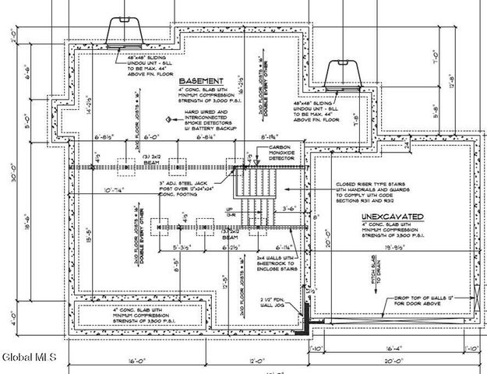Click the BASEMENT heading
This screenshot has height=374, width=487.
202,80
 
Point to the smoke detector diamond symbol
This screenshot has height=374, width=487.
168,118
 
